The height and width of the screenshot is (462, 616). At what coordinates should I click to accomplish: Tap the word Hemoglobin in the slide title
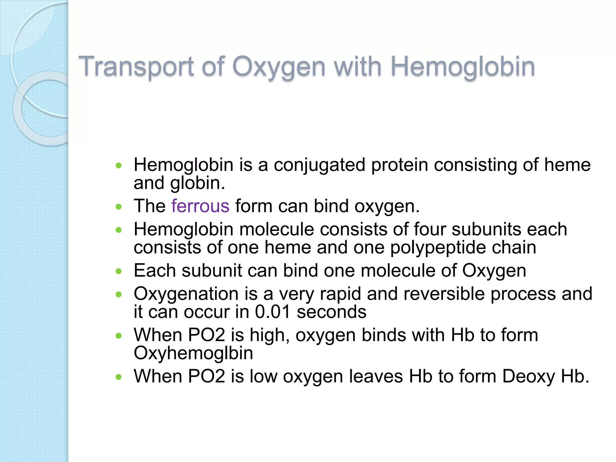pos(463,67)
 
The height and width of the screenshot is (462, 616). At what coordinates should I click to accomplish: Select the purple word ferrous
pos(200,206)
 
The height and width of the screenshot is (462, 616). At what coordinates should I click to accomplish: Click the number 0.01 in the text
pos(273,312)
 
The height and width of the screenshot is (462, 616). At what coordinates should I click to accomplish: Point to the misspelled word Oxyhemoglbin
pos(193,353)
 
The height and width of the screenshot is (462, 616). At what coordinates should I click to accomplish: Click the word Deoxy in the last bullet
pos(528,376)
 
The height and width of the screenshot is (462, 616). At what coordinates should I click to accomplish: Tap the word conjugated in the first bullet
pos(319,165)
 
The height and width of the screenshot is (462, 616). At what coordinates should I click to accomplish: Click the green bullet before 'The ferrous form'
pos(119,207)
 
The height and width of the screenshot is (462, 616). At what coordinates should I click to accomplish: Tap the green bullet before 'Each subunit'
pos(119,271)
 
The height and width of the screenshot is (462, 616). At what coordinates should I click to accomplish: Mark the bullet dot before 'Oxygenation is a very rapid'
pos(119,294)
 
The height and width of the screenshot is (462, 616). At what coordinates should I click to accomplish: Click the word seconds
pos(331,312)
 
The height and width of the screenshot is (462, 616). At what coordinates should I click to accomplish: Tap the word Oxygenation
pos(186,294)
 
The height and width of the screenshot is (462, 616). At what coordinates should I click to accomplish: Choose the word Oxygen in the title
pos(279,67)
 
